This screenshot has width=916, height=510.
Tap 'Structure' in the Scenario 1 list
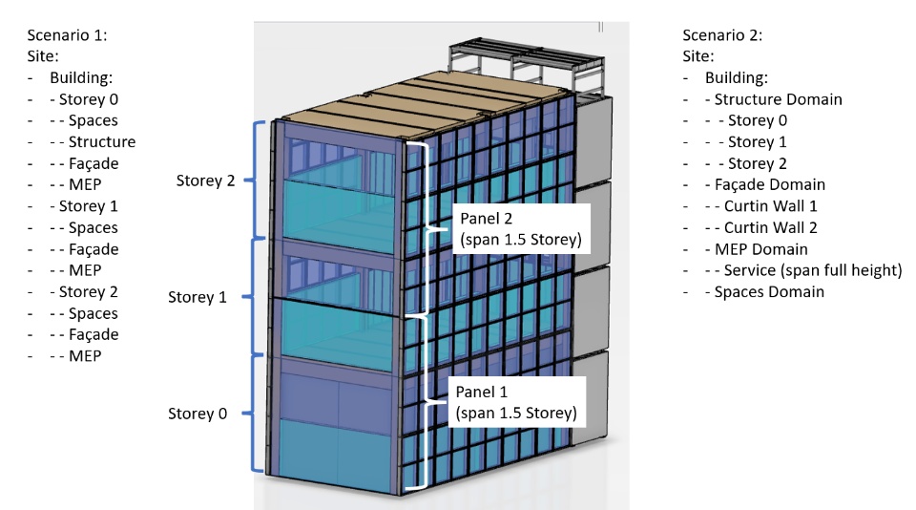click(x=101, y=142)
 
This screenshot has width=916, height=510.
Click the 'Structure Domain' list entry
click(x=778, y=99)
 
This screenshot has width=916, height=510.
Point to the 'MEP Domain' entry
click(x=760, y=249)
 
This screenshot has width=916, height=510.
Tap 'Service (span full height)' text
click(x=813, y=270)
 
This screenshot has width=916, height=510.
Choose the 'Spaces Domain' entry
click(x=769, y=292)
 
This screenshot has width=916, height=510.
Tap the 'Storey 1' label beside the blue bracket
click(x=198, y=297)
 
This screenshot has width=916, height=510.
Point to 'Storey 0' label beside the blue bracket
click(x=198, y=414)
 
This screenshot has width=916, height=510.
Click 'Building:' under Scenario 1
click(x=85, y=78)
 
